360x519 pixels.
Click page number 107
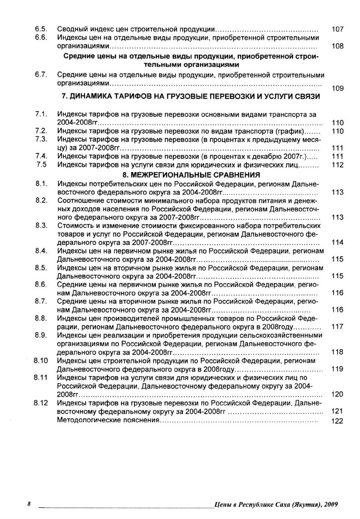pos(338,29)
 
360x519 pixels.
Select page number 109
pos(338,89)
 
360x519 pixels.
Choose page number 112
pos(338,165)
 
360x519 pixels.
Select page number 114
pos(338,242)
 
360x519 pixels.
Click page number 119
pos(338,369)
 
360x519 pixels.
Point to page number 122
pos(338,421)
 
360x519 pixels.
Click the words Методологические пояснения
pos(109,420)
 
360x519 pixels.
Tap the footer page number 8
pos(29,504)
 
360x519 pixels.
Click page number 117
pos(338,326)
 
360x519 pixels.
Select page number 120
pos(338,394)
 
